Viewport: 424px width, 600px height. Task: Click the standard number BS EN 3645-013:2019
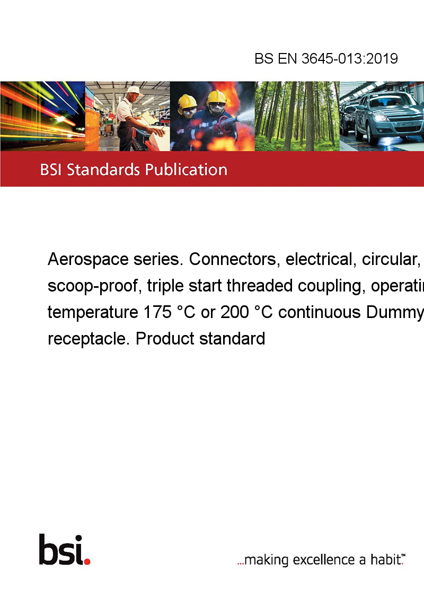click(326, 58)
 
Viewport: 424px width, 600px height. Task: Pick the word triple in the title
click(162, 286)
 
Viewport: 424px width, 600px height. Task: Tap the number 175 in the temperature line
click(157, 312)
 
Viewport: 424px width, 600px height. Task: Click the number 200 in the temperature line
click(234, 312)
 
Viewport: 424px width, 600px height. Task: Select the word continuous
click(320, 312)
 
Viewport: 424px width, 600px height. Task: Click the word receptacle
click(89, 339)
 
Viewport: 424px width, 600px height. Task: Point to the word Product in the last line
click(165, 339)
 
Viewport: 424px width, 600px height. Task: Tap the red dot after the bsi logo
click(87, 561)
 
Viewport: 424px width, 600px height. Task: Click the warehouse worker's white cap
click(134, 90)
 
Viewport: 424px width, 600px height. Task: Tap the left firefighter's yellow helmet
click(187, 101)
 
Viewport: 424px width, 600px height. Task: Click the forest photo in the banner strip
click(297, 116)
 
